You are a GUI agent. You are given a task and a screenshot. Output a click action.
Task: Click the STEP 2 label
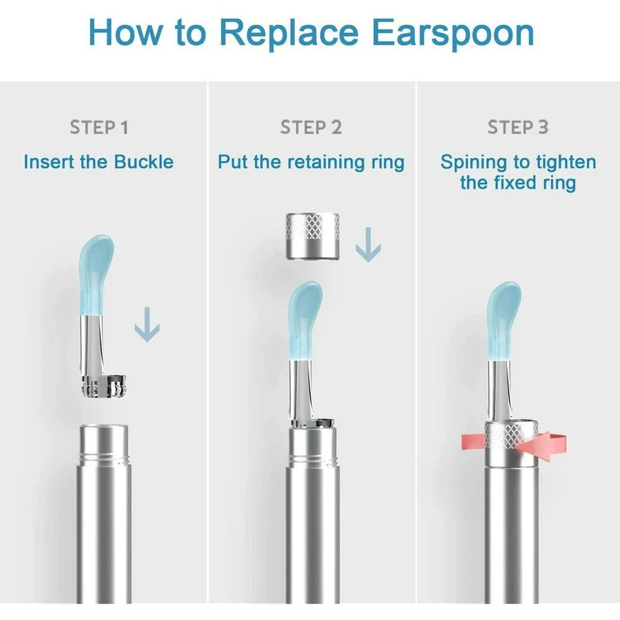311,127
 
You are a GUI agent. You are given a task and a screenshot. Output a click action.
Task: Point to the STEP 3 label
518,127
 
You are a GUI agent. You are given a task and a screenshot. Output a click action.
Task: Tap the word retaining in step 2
327,163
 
